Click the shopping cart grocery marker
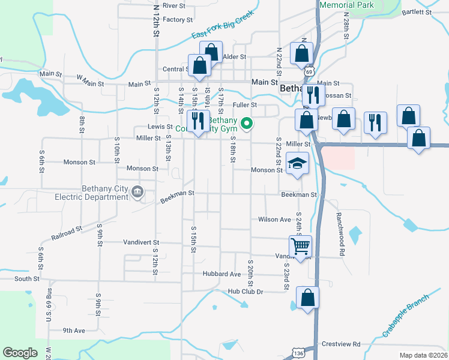(x=300, y=245)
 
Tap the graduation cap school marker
(x=297, y=164)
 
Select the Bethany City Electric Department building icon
(x=137, y=192)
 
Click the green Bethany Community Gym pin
(x=246, y=124)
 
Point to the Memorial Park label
(x=347, y=5)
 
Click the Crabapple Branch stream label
(x=406, y=317)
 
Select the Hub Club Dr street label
(x=246, y=292)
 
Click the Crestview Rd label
(x=340, y=344)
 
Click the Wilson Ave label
(x=274, y=220)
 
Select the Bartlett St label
(x=417, y=12)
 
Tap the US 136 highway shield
(x=297, y=354)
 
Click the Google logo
(x=20, y=353)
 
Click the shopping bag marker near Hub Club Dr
(x=307, y=298)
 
